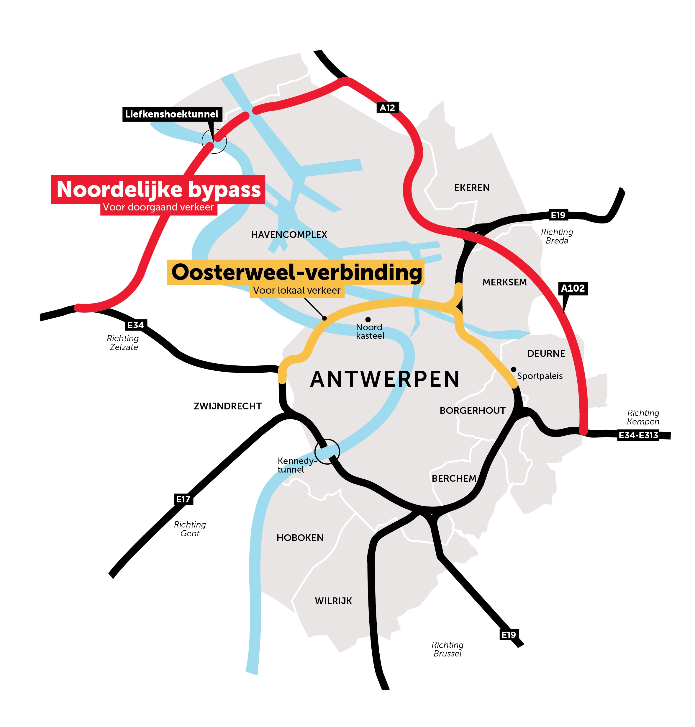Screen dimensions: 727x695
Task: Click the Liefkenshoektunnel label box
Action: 172,114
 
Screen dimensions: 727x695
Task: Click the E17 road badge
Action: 183,499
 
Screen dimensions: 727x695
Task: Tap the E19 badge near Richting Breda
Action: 558,215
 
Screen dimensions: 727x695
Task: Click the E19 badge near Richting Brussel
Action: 508,635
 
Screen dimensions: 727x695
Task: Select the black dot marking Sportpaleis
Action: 514,369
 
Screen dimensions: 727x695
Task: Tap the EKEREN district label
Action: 472,188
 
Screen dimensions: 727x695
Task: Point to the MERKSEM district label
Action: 504,282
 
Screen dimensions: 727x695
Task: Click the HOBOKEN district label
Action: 300,538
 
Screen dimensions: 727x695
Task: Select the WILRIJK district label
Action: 333,601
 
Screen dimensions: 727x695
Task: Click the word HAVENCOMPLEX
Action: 289,235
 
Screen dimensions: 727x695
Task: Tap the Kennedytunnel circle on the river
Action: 327,451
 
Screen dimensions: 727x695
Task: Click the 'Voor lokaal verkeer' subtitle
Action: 297,290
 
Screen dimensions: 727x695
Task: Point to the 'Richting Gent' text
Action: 190,529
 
